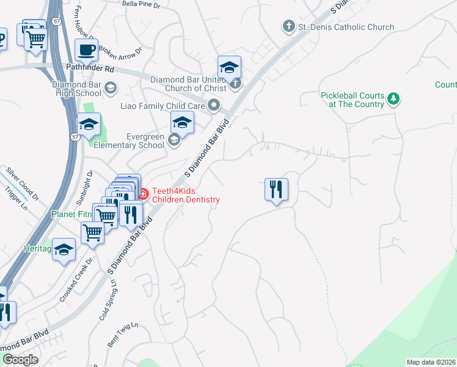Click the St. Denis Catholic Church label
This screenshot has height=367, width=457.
coord(346,27)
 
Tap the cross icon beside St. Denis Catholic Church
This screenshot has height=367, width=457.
coord(288,26)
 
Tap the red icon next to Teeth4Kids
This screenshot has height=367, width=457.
coord(143,195)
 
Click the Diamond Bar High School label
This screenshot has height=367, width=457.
coord(76,89)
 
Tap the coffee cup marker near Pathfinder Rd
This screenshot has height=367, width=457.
coord(86,50)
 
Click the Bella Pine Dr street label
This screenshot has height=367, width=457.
coord(141,4)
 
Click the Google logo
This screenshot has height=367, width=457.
coord(20,360)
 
